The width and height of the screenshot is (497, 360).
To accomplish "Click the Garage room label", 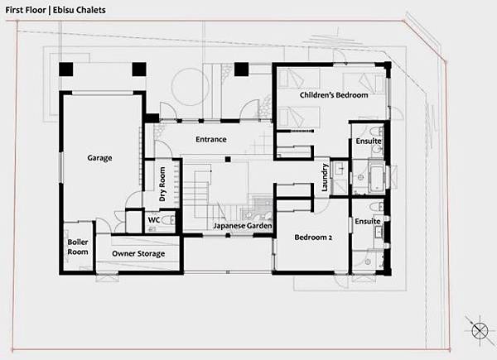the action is [x=99, y=158].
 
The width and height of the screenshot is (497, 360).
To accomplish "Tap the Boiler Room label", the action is [x=78, y=247].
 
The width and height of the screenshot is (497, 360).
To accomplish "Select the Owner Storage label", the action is [x=138, y=253].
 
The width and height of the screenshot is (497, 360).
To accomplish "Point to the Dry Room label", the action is [x=162, y=185].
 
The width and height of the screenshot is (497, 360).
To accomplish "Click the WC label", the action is [x=154, y=219].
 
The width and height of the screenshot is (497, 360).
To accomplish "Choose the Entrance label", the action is [x=211, y=139].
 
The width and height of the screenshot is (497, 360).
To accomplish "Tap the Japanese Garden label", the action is [x=243, y=226].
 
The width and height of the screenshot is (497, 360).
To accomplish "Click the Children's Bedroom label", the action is [x=334, y=95].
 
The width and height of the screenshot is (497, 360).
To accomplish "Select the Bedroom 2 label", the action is [x=313, y=238].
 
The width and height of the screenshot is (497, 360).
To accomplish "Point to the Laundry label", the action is [x=324, y=177].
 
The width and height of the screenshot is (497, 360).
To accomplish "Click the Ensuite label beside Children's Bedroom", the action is [x=369, y=141].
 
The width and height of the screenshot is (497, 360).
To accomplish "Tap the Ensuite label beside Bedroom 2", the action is [x=367, y=221].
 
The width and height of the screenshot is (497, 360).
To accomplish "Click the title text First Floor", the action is [x=26, y=10].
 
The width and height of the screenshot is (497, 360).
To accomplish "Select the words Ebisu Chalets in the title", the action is [x=80, y=10].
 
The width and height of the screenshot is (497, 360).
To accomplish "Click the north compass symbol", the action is [x=480, y=331].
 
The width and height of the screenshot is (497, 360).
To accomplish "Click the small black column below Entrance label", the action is [x=228, y=159].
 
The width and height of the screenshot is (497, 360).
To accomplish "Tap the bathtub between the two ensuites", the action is [x=377, y=179].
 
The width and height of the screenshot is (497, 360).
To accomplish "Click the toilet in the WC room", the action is [x=169, y=220].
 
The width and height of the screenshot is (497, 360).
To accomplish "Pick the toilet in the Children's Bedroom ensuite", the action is [x=377, y=132].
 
